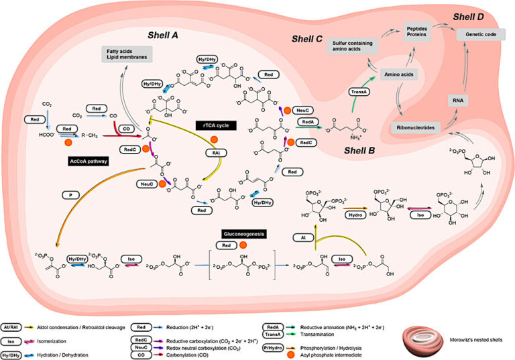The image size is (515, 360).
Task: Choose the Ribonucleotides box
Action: (416, 125)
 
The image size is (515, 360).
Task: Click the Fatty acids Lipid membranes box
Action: (126, 54)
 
